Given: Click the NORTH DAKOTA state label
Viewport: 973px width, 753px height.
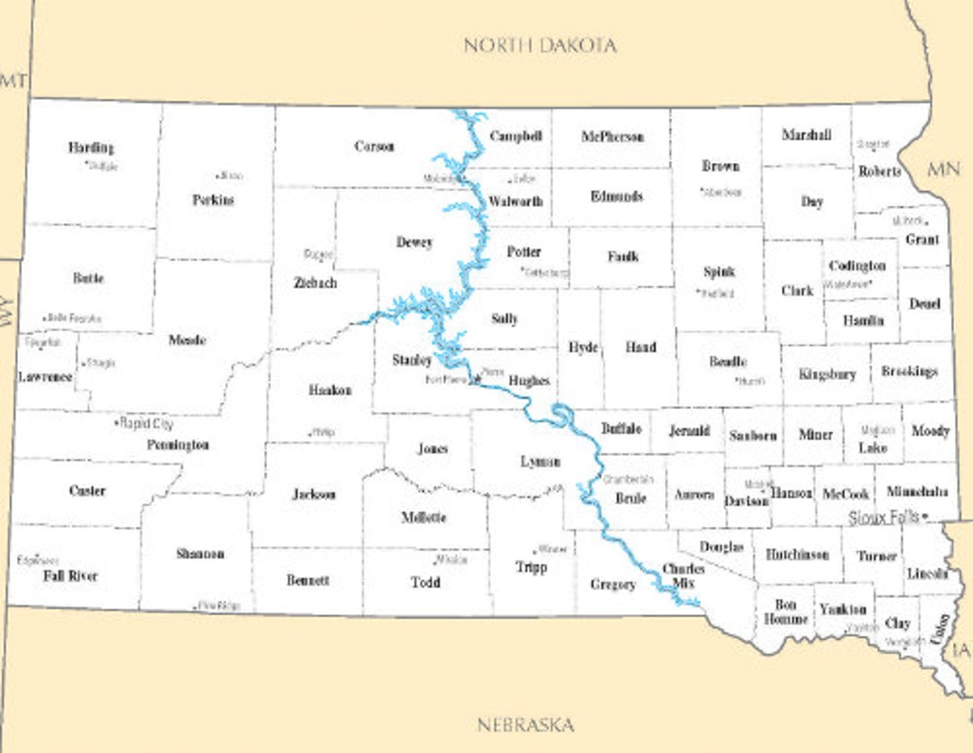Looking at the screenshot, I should pyautogui.click(x=540, y=45).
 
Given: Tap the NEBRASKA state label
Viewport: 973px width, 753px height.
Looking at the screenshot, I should pyautogui.click(x=525, y=724).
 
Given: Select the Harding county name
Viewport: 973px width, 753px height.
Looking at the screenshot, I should pyautogui.click(x=91, y=147).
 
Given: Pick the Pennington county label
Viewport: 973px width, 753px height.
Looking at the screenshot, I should pyautogui.click(x=178, y=445).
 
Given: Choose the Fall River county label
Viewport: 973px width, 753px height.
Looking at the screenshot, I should pyautogui.click(x=70, y=576).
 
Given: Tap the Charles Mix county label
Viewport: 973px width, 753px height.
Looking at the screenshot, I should pyautogui.click(x=683, y=576).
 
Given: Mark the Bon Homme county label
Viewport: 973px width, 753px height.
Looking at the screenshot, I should pyautogui.click(x=779, y=612).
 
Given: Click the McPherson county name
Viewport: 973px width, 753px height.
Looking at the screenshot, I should pyautogui.click(x=613, y=137).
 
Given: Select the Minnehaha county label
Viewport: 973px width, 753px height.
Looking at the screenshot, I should pyautogui.click(x=917, y=492).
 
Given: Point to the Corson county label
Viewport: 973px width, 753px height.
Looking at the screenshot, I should pyautogui.click(x=374, y=146).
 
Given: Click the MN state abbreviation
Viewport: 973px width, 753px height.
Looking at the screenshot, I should pyautogui.click(x=944, y=169).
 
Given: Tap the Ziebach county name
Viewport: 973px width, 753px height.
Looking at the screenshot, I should pyautogui.click(x=315, y=282).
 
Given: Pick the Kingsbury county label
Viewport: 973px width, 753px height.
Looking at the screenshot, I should pyautogui.click(x=827, y=374).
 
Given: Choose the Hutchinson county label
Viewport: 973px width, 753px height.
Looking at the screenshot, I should pyautogui.click(x=797, y=555).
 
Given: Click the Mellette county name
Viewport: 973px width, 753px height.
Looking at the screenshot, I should pyautogui.click(x=423, y=517).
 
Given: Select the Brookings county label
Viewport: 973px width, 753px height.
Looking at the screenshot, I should pyautogui.click(x=909, y=371).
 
